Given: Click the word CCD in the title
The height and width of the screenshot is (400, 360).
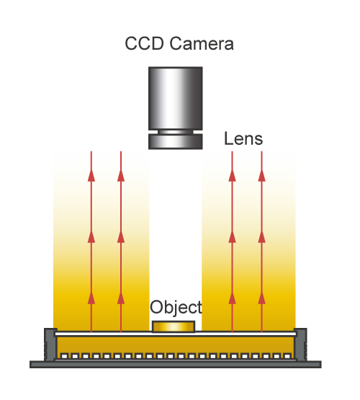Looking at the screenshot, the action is [144, 43].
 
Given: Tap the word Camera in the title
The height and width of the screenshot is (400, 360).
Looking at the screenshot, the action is [202, 43].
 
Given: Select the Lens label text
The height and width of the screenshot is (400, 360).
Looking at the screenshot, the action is [243, 139].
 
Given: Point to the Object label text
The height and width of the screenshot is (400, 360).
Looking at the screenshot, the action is [176, 308].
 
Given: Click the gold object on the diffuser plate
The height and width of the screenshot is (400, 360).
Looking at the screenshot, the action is [174, 326].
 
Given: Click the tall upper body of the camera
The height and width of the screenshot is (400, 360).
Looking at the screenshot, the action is [176, 98].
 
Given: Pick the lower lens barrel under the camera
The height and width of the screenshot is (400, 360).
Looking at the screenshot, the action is [176, 141].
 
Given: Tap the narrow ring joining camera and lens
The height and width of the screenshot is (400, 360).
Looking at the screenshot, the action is [176, 132].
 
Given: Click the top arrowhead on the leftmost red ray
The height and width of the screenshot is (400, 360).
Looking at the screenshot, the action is [91, 176].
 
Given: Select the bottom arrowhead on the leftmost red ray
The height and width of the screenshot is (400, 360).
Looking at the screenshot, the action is [91, 298].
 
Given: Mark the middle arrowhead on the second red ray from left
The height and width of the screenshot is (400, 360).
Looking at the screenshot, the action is [121, 237].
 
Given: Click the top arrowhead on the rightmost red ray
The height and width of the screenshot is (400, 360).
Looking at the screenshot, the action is [261, 176].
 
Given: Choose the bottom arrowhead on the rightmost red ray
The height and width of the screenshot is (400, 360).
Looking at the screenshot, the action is [261, 298].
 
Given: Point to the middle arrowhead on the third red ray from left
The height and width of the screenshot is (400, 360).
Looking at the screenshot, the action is [232, 237].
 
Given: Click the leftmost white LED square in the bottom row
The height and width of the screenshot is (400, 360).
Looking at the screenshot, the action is [64, 356].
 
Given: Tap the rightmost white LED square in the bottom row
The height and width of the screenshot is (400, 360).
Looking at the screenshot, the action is [287, 356].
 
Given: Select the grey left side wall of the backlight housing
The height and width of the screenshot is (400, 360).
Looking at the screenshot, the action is [50, 345].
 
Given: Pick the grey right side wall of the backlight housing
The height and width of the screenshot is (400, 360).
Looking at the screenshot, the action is [301, 345].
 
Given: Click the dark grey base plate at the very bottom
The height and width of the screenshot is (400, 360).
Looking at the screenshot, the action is [176, 365].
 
